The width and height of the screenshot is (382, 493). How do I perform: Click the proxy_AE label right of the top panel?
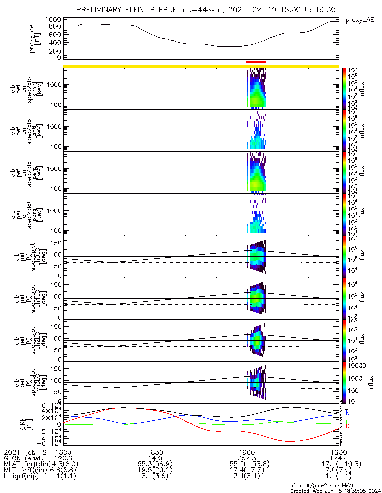pyautogui.click(x=360, y=20)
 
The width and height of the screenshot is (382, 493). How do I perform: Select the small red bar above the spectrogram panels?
pyautogui.click(x=256, y=62)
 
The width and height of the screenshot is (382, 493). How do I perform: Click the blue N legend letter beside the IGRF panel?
pyautogui.click(x=348, y=412)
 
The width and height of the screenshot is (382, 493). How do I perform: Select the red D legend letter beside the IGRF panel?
pyautogui.click(x=348, y=426)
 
